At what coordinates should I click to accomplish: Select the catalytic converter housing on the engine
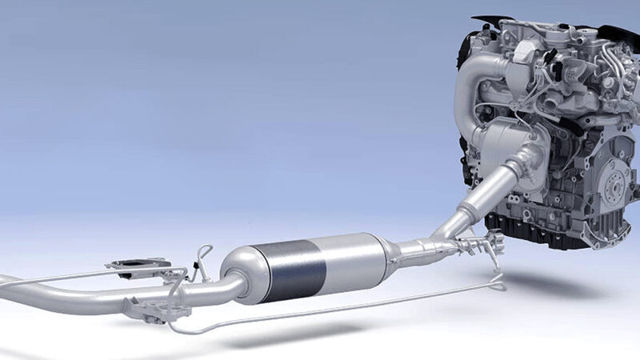pos(512,152)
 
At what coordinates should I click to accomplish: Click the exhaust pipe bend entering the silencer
pos(216,288)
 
